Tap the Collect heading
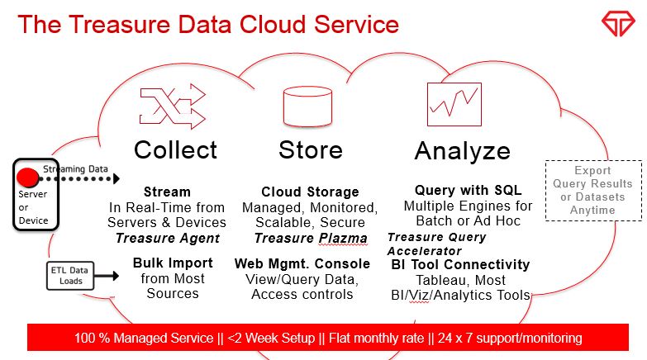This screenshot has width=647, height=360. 175,149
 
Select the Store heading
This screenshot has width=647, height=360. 310,149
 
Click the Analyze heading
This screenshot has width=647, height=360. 462,151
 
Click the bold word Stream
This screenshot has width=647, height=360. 167,192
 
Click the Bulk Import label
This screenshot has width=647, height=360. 173,263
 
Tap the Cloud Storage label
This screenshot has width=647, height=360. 310,192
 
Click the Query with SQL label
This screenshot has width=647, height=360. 468,190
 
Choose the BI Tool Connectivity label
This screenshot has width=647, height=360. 460,264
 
